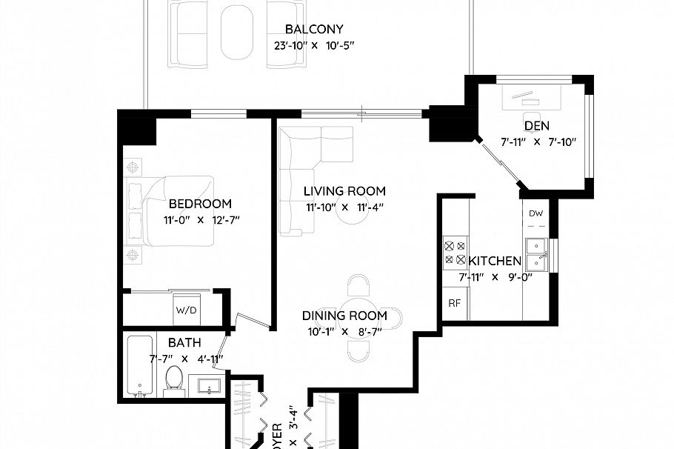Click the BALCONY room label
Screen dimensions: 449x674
[x=314, y=30]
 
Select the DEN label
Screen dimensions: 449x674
[x=536, y=126]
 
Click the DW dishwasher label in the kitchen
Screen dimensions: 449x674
[x=536, y=214]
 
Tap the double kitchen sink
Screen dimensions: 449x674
[x=535, y=254]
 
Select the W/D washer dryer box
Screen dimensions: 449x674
[x=186, y=309]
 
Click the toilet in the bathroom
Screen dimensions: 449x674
[x=174, y=379]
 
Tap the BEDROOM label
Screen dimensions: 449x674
[x=200, y=204]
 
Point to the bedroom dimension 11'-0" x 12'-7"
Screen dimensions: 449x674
[x=200, y=219]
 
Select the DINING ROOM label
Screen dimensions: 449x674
[x=344, y=316]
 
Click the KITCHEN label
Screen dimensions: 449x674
[x=495, y=262]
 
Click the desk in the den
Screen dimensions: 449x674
[x=532, y=96]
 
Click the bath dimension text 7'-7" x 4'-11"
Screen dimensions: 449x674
[x=187, y=359]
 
